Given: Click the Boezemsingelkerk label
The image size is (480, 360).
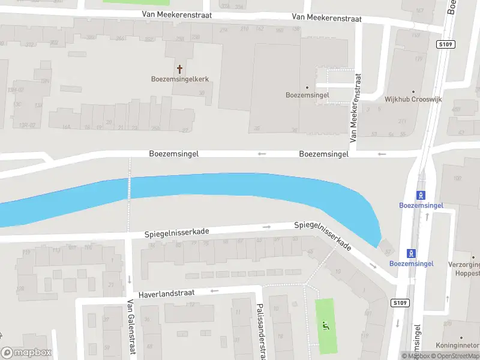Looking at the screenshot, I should click(x=179, y=79).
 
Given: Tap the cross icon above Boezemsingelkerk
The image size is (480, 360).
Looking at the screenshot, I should click(x=179, y=69).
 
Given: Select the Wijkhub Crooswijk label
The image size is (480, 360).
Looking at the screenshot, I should click(x=412, y=100).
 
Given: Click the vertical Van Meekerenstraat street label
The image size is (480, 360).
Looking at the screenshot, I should click(x=356, y=108).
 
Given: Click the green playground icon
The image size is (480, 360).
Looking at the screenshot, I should click(x=326, y=326).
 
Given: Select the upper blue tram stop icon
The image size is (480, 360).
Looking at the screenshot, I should click(x=421, y=195).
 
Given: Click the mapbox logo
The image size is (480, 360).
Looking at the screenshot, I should click(x=26, y=353).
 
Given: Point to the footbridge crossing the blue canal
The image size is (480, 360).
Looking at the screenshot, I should click(x=128, y=187).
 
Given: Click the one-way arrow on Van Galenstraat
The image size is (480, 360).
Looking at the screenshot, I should click(x=129, y=280).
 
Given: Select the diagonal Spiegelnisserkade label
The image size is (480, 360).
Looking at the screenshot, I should click(x=323, y=236).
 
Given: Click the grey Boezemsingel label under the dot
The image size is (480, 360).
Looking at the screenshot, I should click(x=307, y=95).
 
